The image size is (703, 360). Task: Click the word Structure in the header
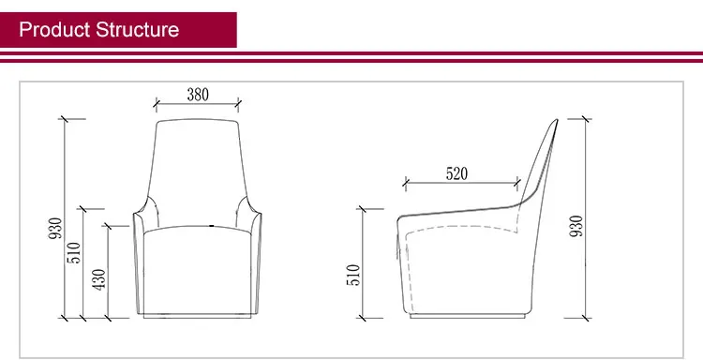137,29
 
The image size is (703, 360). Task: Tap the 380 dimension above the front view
197,94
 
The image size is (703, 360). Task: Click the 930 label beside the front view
55,229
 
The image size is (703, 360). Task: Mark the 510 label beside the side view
354,274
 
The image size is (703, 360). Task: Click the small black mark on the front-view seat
212,226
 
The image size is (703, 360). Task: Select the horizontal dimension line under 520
459,182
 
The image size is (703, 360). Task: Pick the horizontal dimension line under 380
197,103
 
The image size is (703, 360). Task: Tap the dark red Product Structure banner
118,30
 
